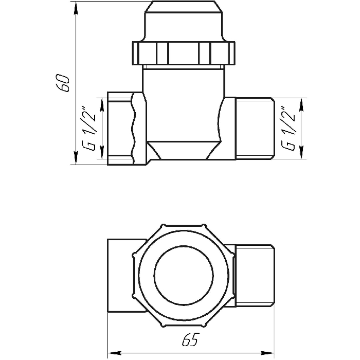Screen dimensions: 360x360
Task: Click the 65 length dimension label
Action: (190, 339)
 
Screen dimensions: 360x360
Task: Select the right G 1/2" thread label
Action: (289, 129)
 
